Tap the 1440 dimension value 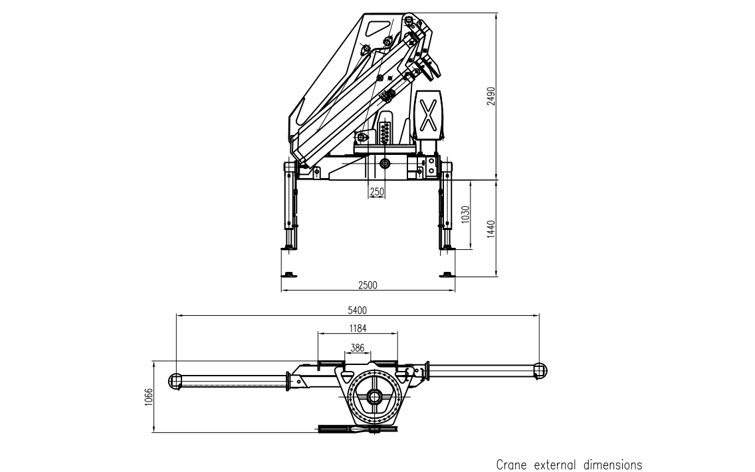click(x=491, y=229)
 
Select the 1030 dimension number click(x=466, y=215)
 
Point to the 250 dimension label click(x=377, y=191)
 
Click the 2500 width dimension click(x=368, y=285)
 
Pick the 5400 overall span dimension click(x=358, y=310)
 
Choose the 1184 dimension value click(x=358, y=327)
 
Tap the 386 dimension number click(x=358, y=347)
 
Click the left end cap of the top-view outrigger click(x=175, y=380)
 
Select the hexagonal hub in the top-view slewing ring click(x=375, y=401)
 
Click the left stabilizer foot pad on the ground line click(x=289, y=275)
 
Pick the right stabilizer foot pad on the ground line click(x=447, y=275)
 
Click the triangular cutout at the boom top click(x=376, y=28)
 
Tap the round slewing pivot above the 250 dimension click(x=385, y=163)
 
